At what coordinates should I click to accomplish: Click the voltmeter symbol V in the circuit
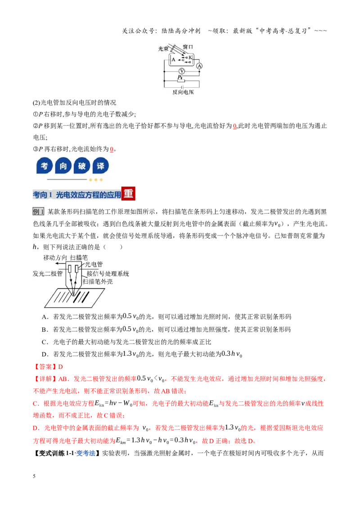pyautogui.click(x=182, y=71)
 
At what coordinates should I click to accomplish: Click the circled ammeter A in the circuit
pyautogui.click(x=199, y=66)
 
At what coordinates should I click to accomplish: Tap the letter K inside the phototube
pyautogui.click(x=190, y=58)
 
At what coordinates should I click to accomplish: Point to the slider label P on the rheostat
pyautogui.click(x=179, y=77)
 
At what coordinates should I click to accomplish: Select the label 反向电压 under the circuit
pyautogui.click(x=183, y=92)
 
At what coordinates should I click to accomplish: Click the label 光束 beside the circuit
pyautogui.click(x=163, y=49)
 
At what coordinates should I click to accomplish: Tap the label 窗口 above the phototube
pyautogui.click(x=188, y=47)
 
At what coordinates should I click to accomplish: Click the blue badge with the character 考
pyautogui.click(x=45, y=166)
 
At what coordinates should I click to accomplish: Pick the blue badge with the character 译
pyautogui.click(x=100, y=166)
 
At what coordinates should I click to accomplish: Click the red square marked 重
pyautogui.click(x=128, y=193)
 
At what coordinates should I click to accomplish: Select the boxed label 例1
pyautogui.click(x=38, y=212)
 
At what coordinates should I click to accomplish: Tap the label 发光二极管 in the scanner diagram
pyautogui.click(x=47, y=274)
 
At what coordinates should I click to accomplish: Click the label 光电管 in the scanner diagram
pyautogui.click(x=94, y=264)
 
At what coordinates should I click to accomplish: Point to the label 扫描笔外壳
pyautogui.click(x=98, y=282)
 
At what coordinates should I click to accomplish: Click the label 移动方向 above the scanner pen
pyautogui.click(x=55, y=258)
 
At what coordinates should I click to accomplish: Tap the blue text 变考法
pyautogui.click(x=85, y=453)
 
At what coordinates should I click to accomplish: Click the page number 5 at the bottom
pyautogui.click(x=34, y=476)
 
